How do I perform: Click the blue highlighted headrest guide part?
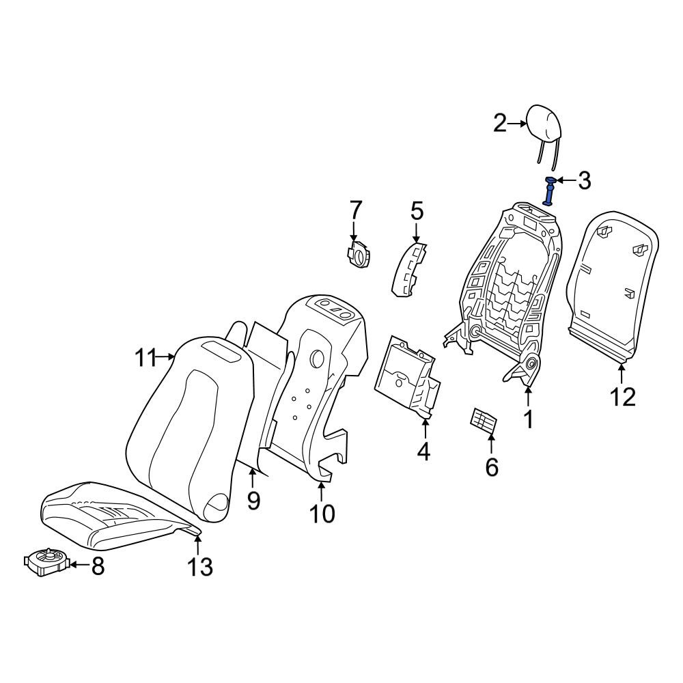[550, 191]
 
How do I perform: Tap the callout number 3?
[584, 180]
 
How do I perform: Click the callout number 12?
[622, 398]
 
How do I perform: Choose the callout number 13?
[200, 567]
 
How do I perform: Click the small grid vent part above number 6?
[484, 421]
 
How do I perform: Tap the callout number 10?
[322, 514]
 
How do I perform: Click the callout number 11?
[145, 359]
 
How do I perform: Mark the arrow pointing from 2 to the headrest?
[518, 124]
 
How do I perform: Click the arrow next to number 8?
[79, 565]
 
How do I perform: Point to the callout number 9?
[253, 501]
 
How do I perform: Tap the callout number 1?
[529, 419]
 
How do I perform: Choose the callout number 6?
[491, 467]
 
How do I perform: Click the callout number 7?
[355, 210]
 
